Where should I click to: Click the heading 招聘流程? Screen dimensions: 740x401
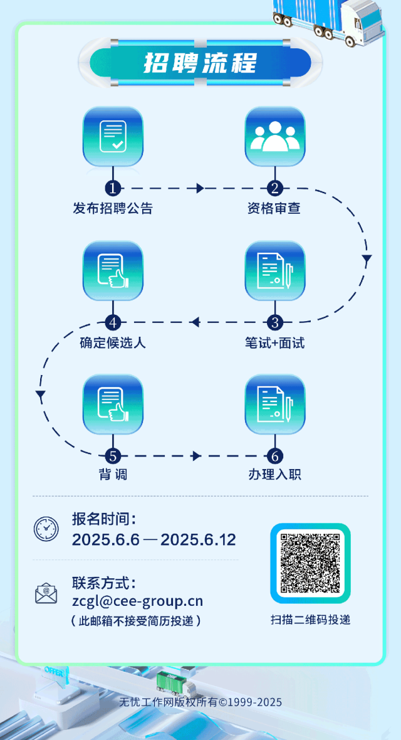point(200,63)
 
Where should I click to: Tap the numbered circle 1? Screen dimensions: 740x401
point(113,188)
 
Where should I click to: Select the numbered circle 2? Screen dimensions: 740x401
point(274,188)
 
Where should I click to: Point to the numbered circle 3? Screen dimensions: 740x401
point(274,322)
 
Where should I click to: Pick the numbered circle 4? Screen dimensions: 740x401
point(113,322)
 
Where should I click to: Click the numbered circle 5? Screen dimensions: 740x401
point(113,456)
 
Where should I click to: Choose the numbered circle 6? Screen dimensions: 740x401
point(274,456)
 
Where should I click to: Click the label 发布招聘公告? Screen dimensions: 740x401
point(113,209)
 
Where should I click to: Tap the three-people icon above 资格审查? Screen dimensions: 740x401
point(274,137)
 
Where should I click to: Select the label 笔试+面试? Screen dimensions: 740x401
point(274,343)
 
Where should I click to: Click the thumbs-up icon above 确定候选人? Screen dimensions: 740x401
point(113,271)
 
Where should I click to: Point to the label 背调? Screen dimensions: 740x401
point(113,475)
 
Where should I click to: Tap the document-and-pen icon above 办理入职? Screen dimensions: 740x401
point(274,404)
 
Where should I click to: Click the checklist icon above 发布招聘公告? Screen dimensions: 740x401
point(113,137)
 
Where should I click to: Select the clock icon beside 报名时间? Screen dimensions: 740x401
point(46,529)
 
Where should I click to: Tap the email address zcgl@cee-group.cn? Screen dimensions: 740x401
point(137,601)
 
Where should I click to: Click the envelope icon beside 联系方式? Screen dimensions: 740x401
point(46,593)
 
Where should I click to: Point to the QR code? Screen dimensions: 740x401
point(310,563)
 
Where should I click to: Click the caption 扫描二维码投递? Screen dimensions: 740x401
point(310,620)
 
